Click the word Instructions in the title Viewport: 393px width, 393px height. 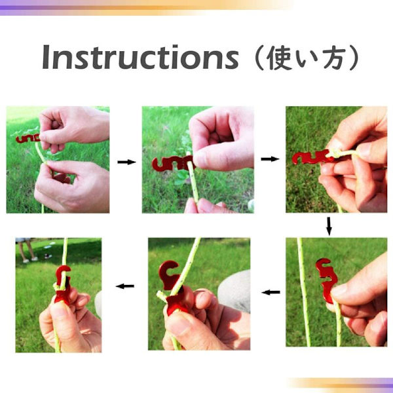(140, 57)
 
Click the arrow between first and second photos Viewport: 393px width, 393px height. (126, 162)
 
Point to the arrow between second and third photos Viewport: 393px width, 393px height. (270, 159)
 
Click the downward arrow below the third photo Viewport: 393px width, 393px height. (329, 226)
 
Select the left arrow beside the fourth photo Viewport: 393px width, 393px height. (271, 292)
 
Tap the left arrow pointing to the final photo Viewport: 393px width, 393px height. (125, 286)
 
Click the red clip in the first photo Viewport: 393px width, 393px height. (28, 139)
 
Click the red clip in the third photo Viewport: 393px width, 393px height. (312, 157)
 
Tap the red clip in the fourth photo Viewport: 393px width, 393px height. (326, 280)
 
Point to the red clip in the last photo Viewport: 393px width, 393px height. (62, 284)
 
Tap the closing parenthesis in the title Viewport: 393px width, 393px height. (354, 58)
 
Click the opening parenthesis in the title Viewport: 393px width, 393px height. (259, 58)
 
